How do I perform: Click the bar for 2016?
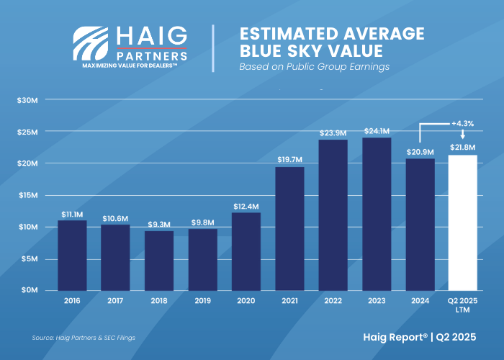(x=72, y=255)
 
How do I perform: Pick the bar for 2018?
(x=159, y=260)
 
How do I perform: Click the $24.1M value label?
(x=377, y=131)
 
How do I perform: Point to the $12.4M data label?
(x=246, y=207)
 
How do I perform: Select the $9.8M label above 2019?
(x=203, y=222)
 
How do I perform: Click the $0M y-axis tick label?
(x=28, y=290)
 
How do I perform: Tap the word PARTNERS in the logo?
(x=153, y=55)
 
